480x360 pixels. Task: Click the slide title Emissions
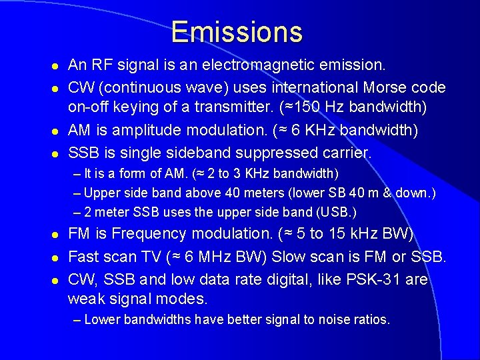237,32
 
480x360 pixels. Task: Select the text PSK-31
376,279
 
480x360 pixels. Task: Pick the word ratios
367,320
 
